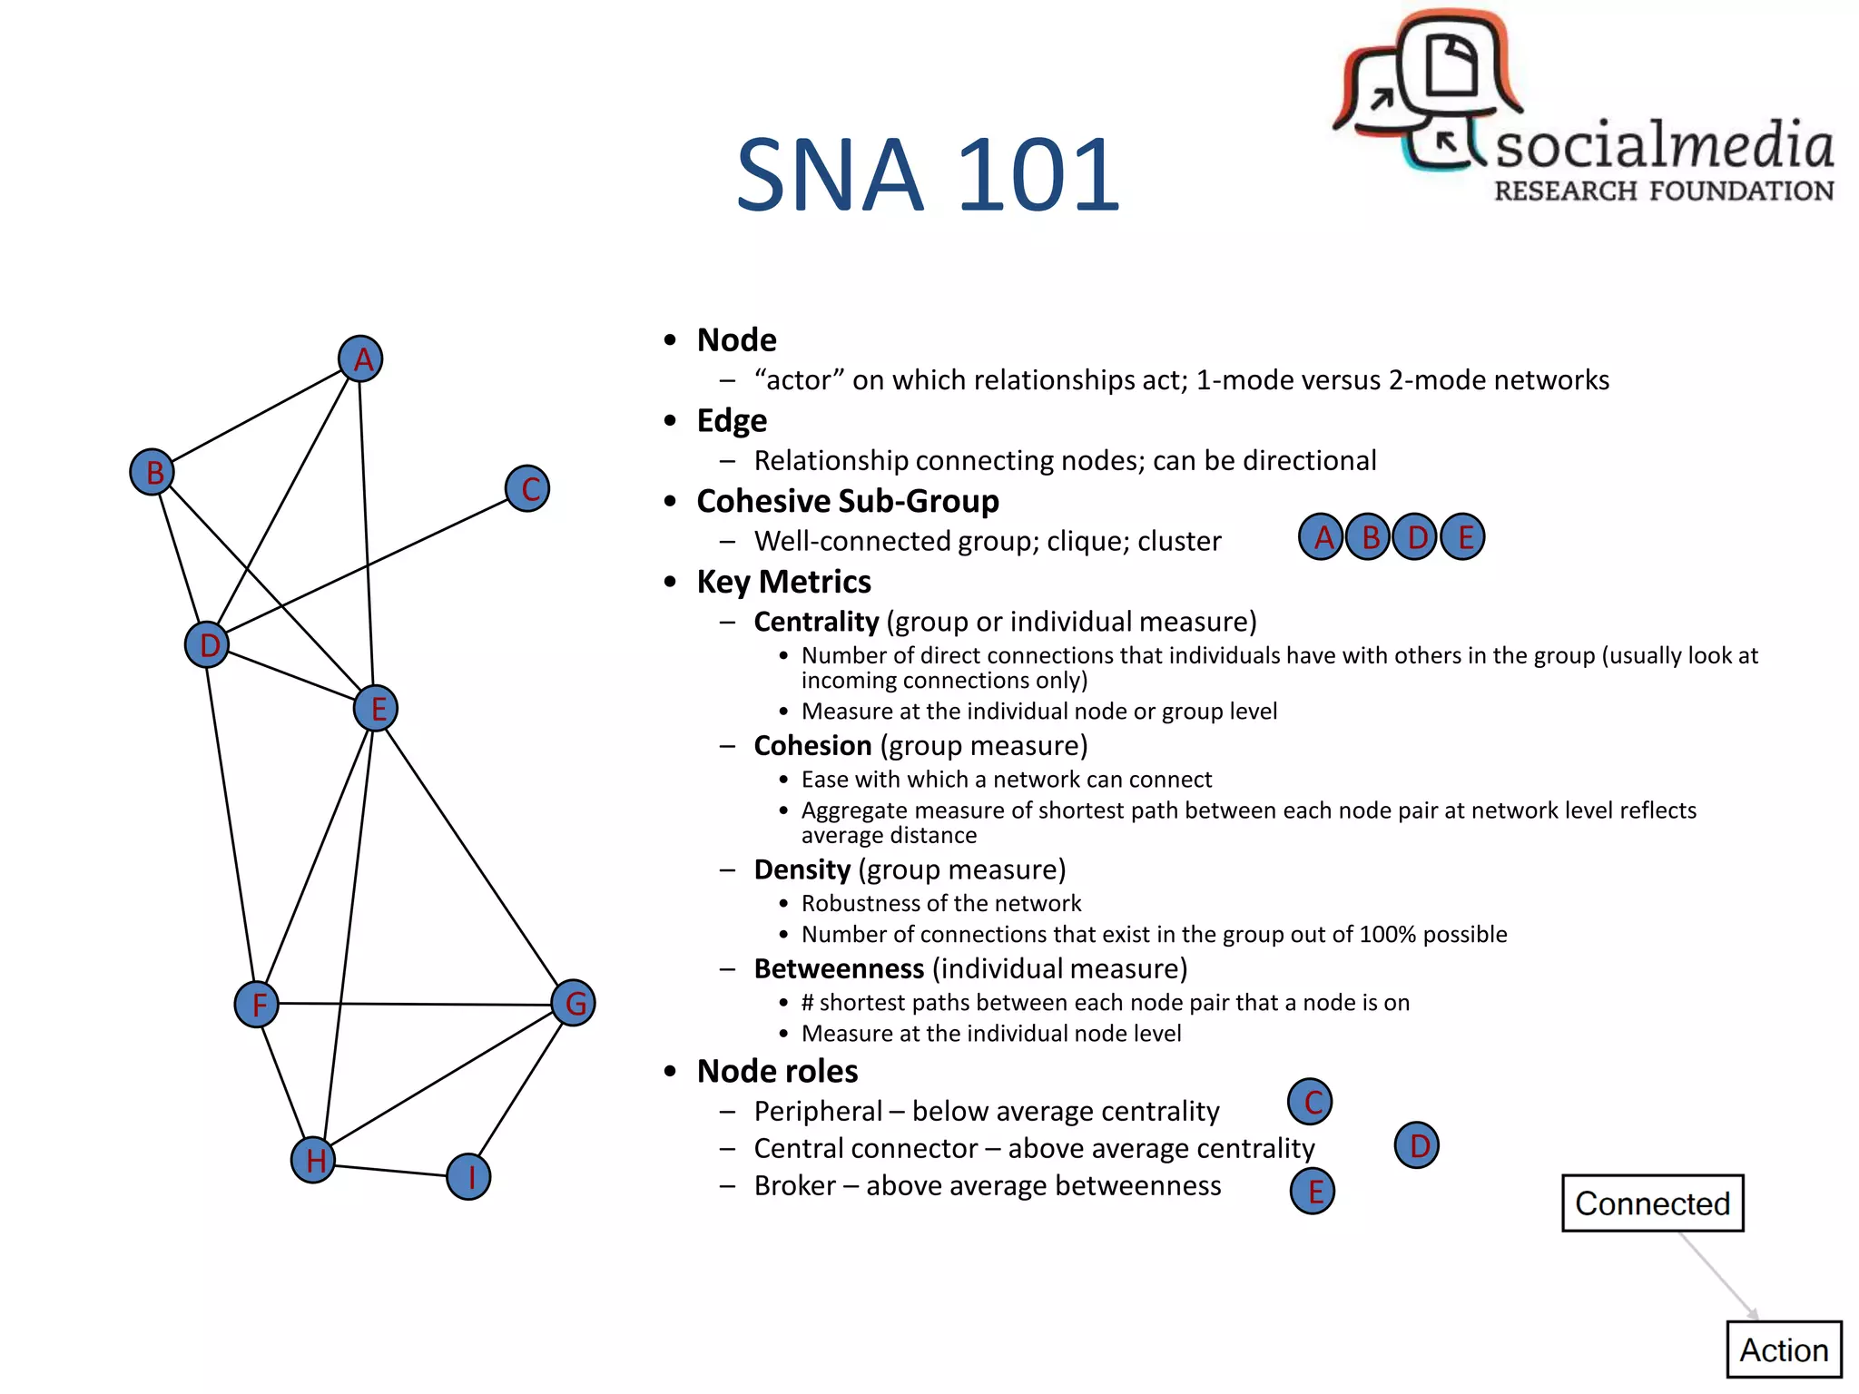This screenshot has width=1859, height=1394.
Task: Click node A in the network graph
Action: click(x=360, y=359)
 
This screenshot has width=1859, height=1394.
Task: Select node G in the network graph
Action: click(x=574, y=1003)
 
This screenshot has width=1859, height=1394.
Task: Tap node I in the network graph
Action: click(x=469, y=1177)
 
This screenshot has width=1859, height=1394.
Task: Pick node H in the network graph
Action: click(x=314, y=1160)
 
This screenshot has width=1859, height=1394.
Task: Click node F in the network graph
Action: click(x=257, y=1004)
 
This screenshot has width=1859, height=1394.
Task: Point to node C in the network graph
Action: click(x=527, y=488)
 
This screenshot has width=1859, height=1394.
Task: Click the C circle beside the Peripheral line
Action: click(x=1310, y=1102)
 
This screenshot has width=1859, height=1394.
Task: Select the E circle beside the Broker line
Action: click(x=1313, y=1191)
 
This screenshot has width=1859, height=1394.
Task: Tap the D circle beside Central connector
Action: click(x=1417, y=1145)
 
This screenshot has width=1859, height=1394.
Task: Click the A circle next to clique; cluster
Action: click(x=1322, y=537)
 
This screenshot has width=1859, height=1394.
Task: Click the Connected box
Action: click(x=1652, y=1203)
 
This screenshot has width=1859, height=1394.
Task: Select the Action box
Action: click(x=1783, y=1350)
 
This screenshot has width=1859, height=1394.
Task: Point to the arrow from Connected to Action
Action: click(x=1717, y=1276)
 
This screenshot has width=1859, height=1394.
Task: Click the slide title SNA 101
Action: click(x=928, y=174)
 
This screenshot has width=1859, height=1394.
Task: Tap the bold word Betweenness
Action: click(x=839, y=968)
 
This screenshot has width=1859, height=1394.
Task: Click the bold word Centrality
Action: click(x=816, y=622)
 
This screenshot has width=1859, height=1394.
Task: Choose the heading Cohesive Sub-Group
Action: click(x=848, y=501)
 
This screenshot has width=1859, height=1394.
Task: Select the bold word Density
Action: click(x=802, y=869)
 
